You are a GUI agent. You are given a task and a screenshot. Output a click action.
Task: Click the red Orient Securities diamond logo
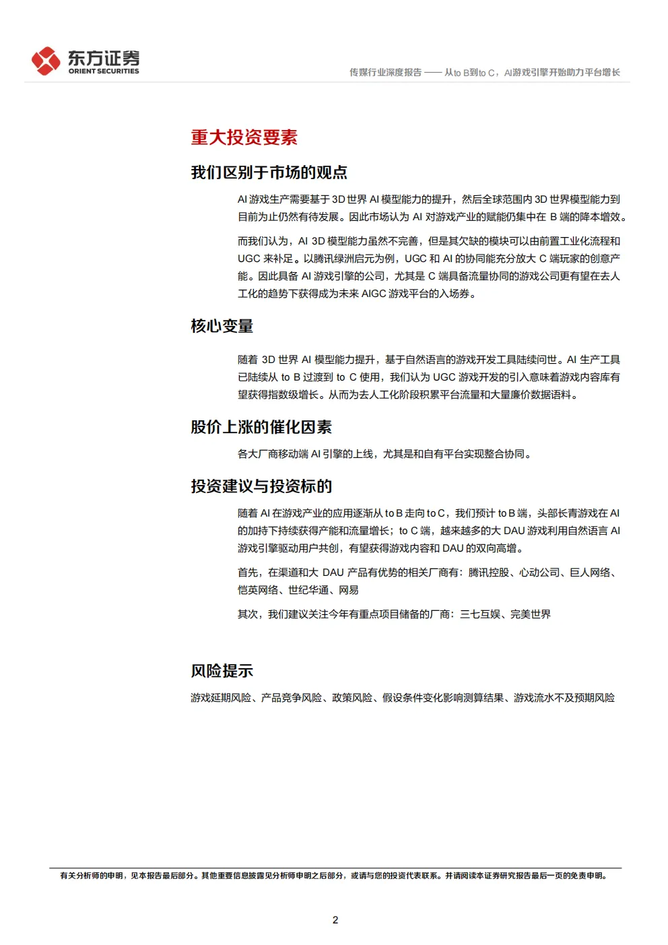coord(46,61)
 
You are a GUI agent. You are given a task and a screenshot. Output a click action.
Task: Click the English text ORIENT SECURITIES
coord(104,71)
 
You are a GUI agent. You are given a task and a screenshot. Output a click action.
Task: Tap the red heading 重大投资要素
coord(244,137)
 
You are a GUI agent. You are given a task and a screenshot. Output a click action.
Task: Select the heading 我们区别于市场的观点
coord(269,172)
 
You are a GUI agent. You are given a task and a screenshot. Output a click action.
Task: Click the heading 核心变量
coord(222,326)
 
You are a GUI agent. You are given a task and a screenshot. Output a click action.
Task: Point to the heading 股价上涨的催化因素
coord(261,427)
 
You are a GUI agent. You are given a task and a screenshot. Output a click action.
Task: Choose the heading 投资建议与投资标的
coord(261,486)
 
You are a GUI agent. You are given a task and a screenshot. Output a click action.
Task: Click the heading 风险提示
coord(222,671)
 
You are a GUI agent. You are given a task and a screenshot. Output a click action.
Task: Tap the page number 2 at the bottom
coord(335,919)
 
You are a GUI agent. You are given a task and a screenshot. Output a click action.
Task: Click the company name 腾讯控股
coord(488,573)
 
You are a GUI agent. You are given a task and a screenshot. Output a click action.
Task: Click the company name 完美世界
coord(530,614)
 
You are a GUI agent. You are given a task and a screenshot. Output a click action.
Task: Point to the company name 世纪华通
coord(308,590)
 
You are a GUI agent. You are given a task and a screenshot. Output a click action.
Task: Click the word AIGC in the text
coord(373,294)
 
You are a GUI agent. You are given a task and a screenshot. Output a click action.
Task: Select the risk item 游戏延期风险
coord(220,698)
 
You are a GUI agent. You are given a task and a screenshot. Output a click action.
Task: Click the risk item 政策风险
coord(352,698)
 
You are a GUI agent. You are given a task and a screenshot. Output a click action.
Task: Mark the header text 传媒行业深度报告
coord(385,72)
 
